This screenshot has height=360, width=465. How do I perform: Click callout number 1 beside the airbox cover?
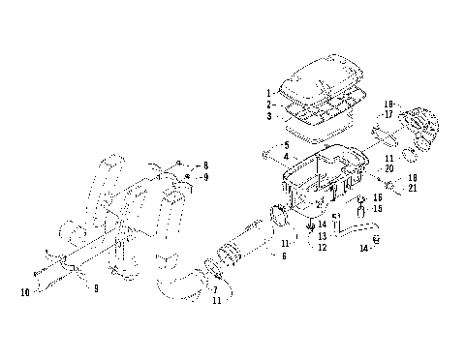(x=269, y=92)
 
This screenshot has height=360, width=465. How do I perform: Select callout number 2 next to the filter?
(x=269, y=103)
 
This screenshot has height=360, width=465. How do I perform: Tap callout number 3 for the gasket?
(x=269, y=115)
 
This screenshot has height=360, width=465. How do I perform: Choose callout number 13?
(x=321, y=235)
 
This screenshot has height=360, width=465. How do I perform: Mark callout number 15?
(x=378, y=208)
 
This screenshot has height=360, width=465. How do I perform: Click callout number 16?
(x=378, y=196)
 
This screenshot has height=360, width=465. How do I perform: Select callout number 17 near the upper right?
(x=388, y=114)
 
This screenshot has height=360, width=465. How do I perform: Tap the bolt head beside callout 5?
(x=264, y=152)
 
